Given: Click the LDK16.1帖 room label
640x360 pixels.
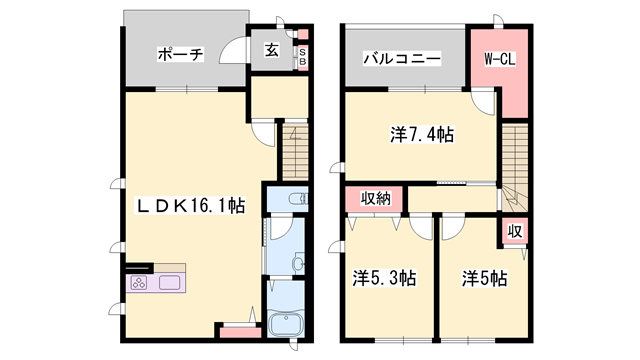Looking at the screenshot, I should point(191,205).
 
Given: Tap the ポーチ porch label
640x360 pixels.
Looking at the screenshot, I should point(181,55).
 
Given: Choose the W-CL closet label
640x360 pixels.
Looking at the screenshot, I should point(499,60).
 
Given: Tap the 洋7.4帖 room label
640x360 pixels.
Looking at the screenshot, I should point(421,133).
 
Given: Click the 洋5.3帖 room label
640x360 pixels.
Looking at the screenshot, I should point(383,278).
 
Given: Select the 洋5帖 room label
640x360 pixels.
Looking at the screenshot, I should point(483,278).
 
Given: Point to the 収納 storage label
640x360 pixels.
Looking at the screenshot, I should point(376,199).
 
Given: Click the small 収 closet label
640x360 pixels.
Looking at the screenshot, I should point(514,231).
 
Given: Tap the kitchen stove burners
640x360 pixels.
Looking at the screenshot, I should point(138,282).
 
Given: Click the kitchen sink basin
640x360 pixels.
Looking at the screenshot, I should point(169,282).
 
